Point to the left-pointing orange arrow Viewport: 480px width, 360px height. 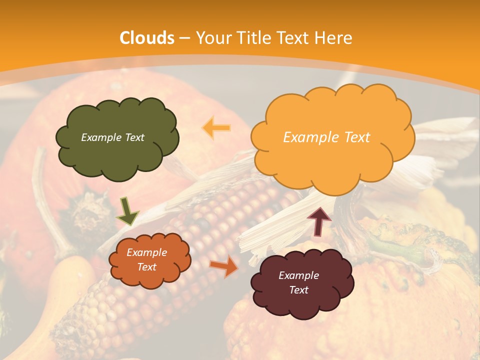(216, 127)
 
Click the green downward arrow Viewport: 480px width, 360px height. (127, 211)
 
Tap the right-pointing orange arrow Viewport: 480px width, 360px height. (223, 265)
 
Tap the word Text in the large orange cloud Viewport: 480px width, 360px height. (357, 137)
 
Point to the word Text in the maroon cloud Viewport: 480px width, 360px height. (299, 290)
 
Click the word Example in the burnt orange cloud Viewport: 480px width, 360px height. (147, 252)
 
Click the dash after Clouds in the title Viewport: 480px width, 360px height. (184, 38)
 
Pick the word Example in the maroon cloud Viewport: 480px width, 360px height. (299, 275)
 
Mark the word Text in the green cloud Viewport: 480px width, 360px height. (133, 137)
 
